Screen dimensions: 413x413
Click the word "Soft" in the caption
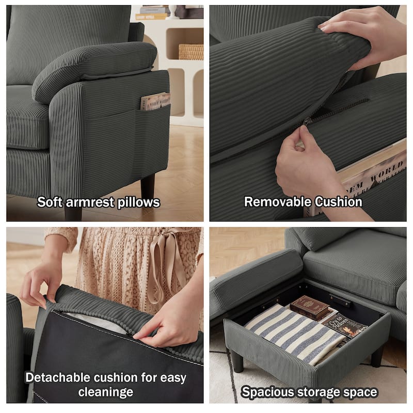point(50,202)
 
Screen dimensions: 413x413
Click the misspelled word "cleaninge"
point(106,392)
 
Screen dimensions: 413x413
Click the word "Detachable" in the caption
point(58,377)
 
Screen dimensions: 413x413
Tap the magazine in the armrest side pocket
point(155,101)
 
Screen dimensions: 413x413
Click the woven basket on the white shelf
point(191,52)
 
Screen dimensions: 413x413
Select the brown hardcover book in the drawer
point(310,308)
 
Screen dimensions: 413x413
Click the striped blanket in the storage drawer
point(292,334)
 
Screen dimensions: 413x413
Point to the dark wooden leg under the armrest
point(148,185)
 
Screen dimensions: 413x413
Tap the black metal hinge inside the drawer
point(341,301)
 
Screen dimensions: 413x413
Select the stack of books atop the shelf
point(153,12)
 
